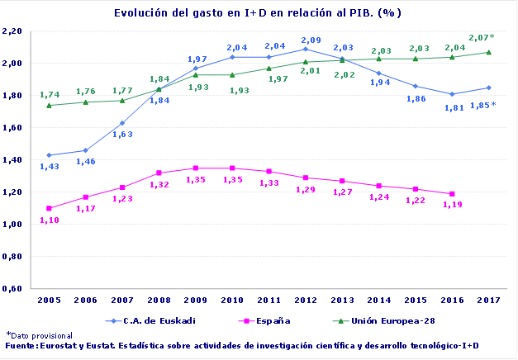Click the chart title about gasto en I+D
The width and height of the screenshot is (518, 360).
[258, 13]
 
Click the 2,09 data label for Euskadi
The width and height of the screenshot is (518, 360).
[311, 40]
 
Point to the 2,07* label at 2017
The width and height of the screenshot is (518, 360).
[482, 38]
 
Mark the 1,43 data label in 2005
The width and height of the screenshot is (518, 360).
[50, 167]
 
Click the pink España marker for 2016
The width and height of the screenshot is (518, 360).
[453, 194]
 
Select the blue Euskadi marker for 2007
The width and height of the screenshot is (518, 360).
[122, 123]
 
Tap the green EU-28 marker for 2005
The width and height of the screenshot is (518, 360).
[49, 105]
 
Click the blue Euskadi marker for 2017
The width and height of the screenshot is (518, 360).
[489, 88]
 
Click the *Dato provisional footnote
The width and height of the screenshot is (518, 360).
[38, 335]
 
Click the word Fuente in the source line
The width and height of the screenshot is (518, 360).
[20, 345]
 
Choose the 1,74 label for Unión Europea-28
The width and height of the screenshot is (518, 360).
[50, 95]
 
